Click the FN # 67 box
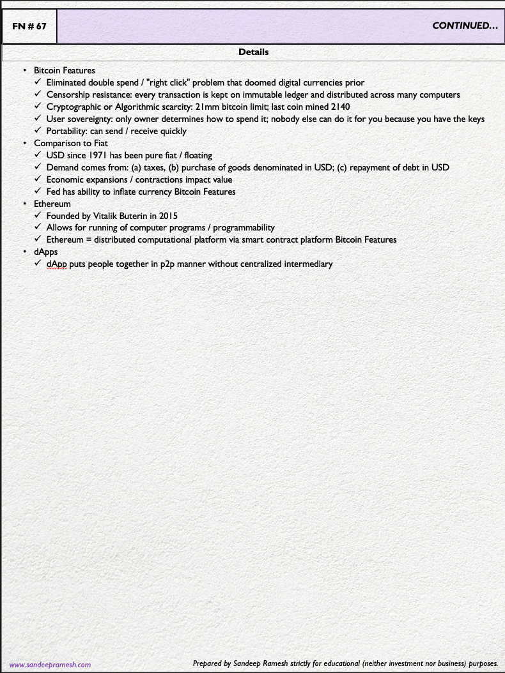29,26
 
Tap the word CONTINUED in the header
465,26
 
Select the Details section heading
253,52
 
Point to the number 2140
339,107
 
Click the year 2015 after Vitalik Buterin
167,216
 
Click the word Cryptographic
74,107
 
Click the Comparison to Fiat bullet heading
71,143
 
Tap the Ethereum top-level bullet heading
52,204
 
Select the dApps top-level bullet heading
46,252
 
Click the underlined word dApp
57,264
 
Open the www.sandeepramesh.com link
50,665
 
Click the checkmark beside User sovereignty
38,119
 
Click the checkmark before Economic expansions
38,179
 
